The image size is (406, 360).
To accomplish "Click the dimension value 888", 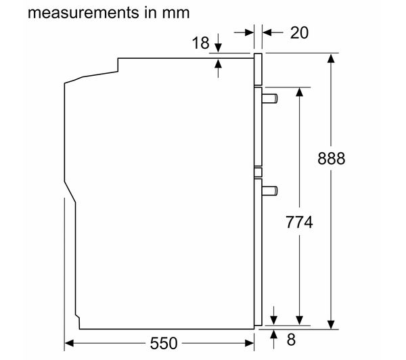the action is tap(331, 158).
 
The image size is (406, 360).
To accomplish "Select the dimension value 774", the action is tap(299, 222).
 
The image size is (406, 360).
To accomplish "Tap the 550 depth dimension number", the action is tap(164, 344).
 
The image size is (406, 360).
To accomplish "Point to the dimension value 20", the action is tap(299, 33).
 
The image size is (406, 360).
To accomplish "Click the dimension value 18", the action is tap(200, 43).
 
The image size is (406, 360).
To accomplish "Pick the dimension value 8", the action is tap(291, 339).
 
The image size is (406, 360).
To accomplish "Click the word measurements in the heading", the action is tap(83, 13).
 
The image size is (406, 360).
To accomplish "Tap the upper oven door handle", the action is tap(269, 99).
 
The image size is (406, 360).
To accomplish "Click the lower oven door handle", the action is tap(269, 191).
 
